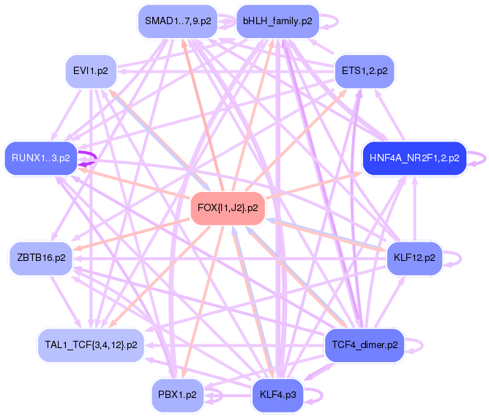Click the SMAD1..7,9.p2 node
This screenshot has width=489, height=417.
[178, 22]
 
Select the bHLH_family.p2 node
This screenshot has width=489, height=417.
[277, 22]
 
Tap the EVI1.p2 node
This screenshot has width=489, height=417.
[91, 71]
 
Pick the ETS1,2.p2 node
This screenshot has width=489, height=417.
[365, 71]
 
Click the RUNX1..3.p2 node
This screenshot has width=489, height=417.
[41, 158]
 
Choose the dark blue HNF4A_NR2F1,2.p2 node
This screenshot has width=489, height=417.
[414, 158]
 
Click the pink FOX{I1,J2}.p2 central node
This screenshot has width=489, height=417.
[228, 208]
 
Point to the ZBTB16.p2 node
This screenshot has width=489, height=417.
[41, 258]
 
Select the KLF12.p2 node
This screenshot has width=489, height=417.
[414, 258]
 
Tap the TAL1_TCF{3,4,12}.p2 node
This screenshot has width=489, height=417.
[91, 344]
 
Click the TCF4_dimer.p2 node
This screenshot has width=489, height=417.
[365, 344]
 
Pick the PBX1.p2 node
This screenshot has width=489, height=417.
[178, 394]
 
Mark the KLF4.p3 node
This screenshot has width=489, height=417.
[277, 394]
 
